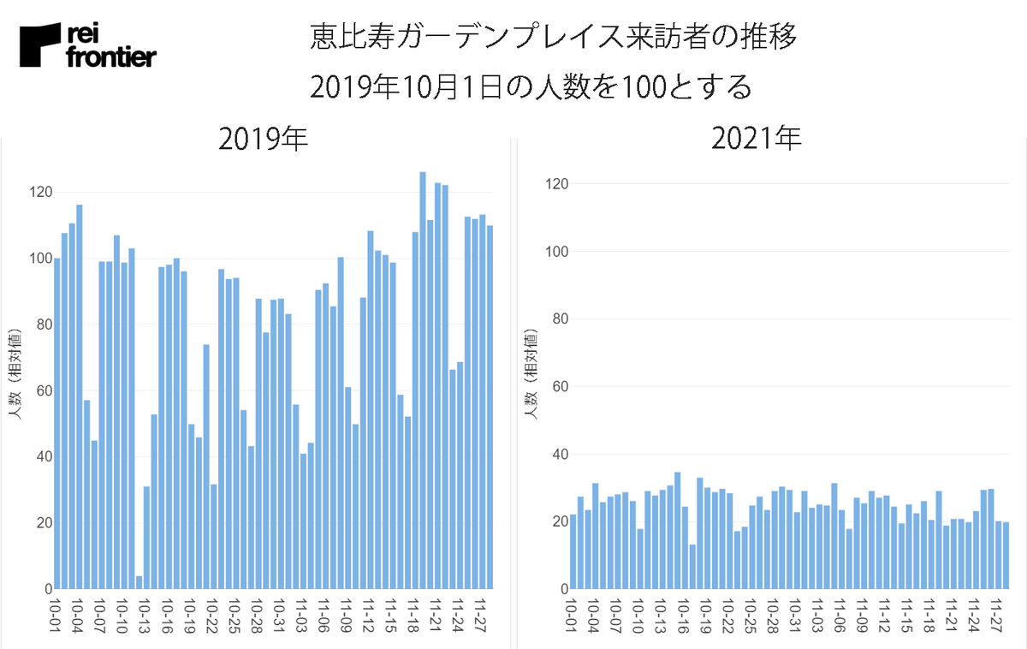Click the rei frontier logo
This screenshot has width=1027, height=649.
click(x=87, y=46)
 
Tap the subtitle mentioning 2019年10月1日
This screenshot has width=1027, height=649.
click(x=531, y=86)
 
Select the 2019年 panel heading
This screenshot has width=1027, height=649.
click(x=263, y=139)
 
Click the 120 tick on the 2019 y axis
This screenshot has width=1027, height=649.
click(x=39, y=192)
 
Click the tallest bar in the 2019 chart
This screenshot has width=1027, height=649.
click(x=423, y=381)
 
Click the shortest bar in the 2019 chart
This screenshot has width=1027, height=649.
click(x=139, y=583)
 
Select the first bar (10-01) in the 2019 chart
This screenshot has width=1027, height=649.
click(x=57, y=424)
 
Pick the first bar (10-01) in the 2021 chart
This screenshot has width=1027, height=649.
click(x=573, y=552)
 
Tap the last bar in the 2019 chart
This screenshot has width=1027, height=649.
click(x=490, y=408)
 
